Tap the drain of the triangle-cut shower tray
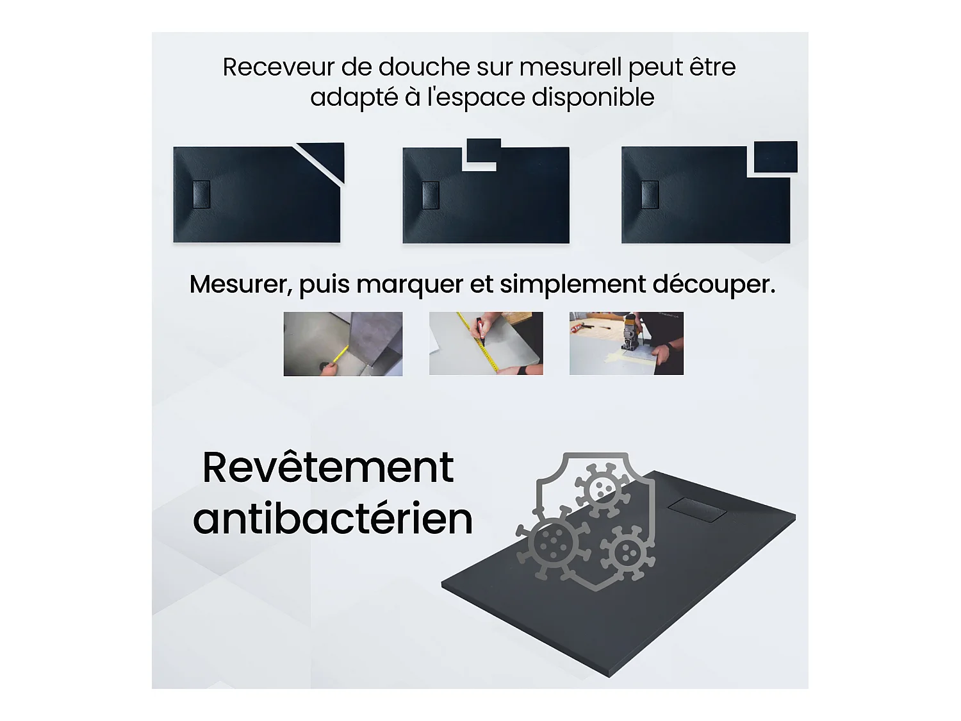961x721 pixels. point(202,194)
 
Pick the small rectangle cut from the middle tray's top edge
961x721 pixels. point(484,151)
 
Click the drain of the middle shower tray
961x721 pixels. point(431,195)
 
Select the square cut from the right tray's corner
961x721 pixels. point(775,157)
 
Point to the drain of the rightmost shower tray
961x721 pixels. point(650,195)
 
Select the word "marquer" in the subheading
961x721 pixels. point(409,285)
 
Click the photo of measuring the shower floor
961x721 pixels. point(343,344)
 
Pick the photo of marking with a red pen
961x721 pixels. point(486,344)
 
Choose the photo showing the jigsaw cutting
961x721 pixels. point(626,344)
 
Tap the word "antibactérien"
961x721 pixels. point(333,518)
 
